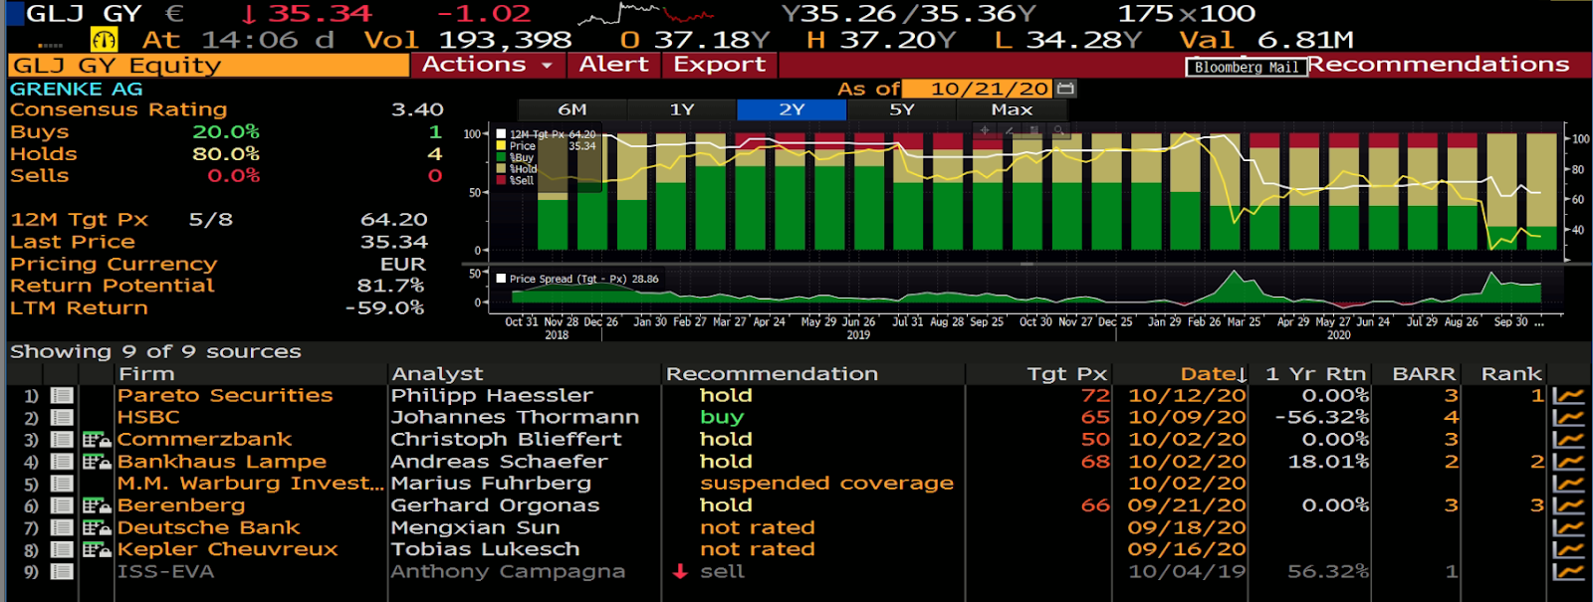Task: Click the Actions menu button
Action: [x=487, y=65]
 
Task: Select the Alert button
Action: [x=613, y=65]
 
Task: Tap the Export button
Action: [x=719, y=65]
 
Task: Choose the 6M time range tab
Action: [x=571, y=109]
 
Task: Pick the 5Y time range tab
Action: [x=901, y=109]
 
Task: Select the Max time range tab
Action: [x=1012, y=109]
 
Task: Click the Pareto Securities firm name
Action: [x=225, y=395]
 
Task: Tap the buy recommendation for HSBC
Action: [x=722, y=417]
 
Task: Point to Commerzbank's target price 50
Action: [x=1095, y=439]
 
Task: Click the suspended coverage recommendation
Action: [x=826, y=483]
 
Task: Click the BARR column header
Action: [x=1424, y=374]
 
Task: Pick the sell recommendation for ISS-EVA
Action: [x=722, y=571]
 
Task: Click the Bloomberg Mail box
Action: [x=1246, y=68]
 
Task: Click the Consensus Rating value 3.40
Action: [x=417, y=109]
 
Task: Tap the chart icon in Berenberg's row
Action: [x=1568, y=505]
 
